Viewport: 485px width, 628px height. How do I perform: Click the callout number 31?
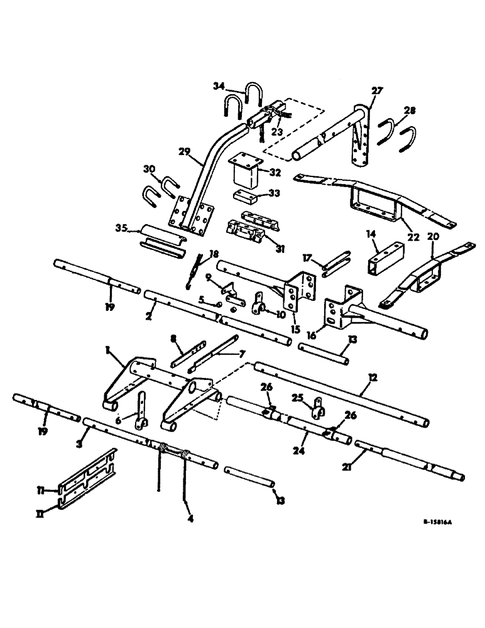click(x=280, y=249)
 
